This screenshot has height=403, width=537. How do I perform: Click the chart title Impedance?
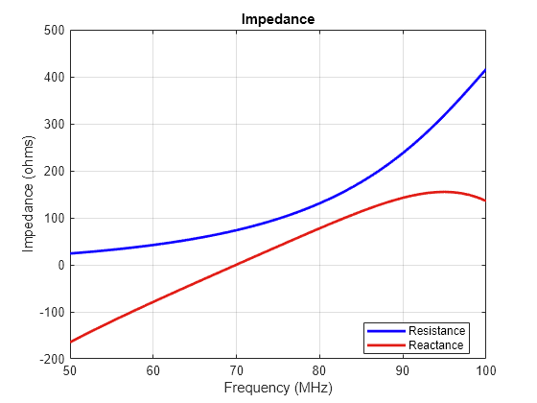277,18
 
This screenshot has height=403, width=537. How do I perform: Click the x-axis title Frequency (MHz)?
277,389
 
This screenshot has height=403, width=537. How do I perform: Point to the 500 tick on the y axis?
55,31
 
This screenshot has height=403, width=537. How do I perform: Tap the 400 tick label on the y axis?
55,78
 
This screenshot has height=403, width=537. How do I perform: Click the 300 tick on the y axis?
55,125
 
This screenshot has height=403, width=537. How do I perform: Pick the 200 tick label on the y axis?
55,172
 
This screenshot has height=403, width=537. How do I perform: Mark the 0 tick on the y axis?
60,266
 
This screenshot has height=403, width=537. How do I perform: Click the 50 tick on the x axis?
70,369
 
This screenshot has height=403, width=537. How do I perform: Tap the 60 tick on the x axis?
153,369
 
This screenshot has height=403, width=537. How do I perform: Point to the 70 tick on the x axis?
236,369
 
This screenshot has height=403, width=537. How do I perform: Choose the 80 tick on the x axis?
319,369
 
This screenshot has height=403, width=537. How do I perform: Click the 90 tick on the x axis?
403,369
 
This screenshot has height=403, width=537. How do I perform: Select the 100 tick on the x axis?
485,369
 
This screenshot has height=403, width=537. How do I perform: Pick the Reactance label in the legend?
436,345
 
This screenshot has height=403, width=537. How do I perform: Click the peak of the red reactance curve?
444,192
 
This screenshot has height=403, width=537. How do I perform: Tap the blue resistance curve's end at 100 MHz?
485,70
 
